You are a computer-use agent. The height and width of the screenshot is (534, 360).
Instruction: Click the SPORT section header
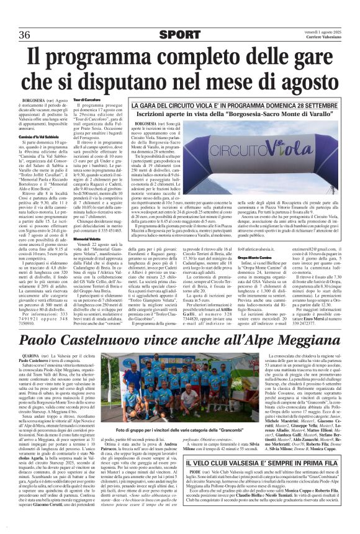[x=179, y=34]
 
